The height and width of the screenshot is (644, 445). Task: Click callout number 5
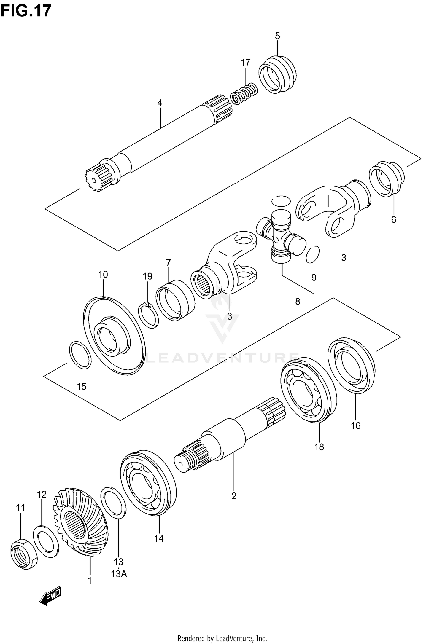point(277,36)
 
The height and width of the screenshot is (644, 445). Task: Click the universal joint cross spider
point(280,236)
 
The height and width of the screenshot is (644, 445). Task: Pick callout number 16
point(356,426)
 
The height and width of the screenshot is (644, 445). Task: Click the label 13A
point(119,574)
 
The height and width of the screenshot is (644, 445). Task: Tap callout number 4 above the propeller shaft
point(160,103)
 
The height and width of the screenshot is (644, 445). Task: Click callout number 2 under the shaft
point(234,496)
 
